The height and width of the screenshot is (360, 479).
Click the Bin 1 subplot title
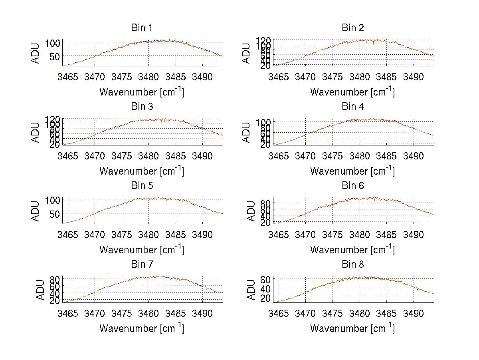[141, 28]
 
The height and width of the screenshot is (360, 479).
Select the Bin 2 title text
[352, 28]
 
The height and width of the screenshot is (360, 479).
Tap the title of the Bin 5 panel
[141, 186]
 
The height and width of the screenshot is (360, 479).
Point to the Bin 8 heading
[352, 265]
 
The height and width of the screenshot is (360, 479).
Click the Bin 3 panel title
[141, 107]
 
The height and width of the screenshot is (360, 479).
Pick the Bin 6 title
[352, 186]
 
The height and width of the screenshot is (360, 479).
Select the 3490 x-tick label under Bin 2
[413, 77]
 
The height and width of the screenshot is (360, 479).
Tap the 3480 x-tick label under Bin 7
[149, 313]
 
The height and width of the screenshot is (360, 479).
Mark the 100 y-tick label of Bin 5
[53, 199]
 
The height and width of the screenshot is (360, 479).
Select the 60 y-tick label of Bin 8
[265, 279]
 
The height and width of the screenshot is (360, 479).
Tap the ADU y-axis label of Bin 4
[246, 133]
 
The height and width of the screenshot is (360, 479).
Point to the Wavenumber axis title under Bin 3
[141, 171]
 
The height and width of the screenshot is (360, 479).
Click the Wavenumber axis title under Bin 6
[352, 250]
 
